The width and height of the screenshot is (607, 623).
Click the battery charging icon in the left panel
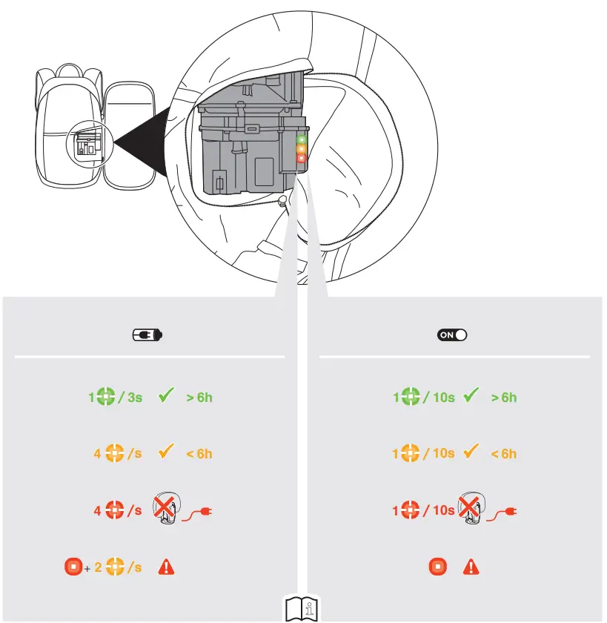pyautogui.click(x=147, y=335)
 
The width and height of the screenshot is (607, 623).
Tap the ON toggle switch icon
pyautogui.click(x=452, y=335)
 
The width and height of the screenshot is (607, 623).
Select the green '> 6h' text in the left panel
pyautogui.click(x=199, y=398)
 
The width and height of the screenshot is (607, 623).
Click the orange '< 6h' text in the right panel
pyautogui.click(x=504, y=454)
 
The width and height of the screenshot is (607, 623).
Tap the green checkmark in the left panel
pyautogui.click(x=166, y=397)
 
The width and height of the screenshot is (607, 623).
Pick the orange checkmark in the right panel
pyautogui.click(x=470, y=452)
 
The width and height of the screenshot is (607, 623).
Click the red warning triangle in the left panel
pyautogui.click(x=167, y=568)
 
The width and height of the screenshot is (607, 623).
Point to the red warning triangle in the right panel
pyautogui.click(x=471, y=568)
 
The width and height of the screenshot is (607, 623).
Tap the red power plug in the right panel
pyautogui.click(x=504, y=511)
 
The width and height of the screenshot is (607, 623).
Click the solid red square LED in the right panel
pyautogui.click(x=438, y=568)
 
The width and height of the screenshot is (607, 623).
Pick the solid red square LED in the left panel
pyautogui.click(x=73, y=568)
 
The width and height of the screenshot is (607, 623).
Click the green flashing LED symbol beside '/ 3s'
pyautogui.click(x=106, y=398)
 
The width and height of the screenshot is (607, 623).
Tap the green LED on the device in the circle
pyautogui.click(x=301, y=139)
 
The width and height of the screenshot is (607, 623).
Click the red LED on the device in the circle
pyautogui.click(x=301, y=158)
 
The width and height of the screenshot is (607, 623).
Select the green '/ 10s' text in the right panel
pyautogui.click(x=439, y=398)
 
